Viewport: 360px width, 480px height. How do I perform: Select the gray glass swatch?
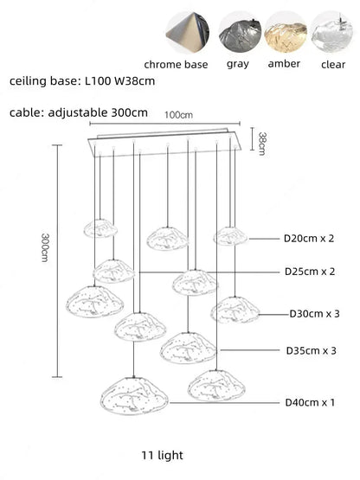(237, 31)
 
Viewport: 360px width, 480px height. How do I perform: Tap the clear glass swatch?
(333, 31)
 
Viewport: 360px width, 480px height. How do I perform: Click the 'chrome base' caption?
(176, 64)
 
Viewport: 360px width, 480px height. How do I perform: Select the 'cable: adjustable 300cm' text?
(79, 112)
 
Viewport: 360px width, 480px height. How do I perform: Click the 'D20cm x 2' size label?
(309, 238)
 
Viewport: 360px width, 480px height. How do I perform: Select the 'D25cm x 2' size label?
(310, 272)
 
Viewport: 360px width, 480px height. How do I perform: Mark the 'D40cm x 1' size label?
(309, 402)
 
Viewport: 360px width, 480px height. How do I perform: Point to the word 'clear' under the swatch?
(333, 64)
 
